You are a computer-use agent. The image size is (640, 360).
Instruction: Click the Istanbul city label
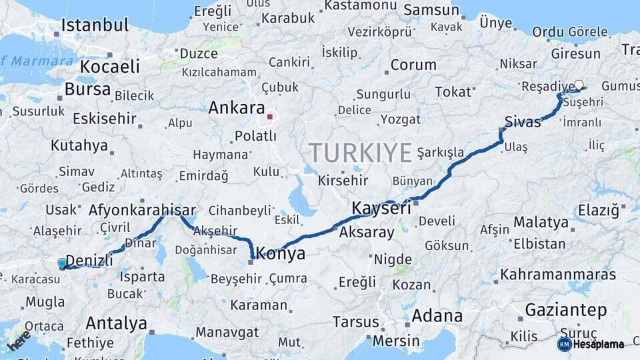click(x=95, y=25)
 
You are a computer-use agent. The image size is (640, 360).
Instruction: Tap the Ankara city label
click(x=237, y=108)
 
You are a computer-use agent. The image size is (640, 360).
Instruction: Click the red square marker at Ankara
click(x=269, y=117)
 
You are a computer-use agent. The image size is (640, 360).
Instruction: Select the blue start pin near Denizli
click(x=62, y=263)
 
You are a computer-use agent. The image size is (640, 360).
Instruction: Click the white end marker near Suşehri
click(x=579, y=85)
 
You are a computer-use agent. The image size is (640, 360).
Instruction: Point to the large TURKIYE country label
click(x=360, y=153)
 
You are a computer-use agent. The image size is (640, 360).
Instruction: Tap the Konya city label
click(x=281, y=253)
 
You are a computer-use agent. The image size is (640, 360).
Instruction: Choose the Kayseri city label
click(x=381, y=208)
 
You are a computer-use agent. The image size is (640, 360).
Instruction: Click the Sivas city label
click(x=523, y=122)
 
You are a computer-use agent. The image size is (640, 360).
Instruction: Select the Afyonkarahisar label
click(x=142, y=209)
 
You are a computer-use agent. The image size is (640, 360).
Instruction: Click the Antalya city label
click(x=116, y=324)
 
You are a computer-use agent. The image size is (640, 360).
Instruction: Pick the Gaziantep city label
click(x=565, y=310)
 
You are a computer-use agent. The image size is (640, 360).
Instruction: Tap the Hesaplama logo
click(x=591, y=344)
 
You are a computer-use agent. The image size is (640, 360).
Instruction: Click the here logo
click(x=19, y=341)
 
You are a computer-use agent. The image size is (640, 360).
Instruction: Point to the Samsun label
click(x=431, y=10)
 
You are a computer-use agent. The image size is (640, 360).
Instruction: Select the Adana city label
click(x=437, y=315)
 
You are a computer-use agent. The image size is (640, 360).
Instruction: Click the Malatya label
click(x=541, y=222)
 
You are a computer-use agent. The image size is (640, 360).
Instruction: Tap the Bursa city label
click(x=88, y=89)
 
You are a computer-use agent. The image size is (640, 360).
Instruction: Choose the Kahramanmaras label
click(x=558, y=274)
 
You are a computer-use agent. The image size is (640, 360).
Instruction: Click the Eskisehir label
click(x=104, y=119)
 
